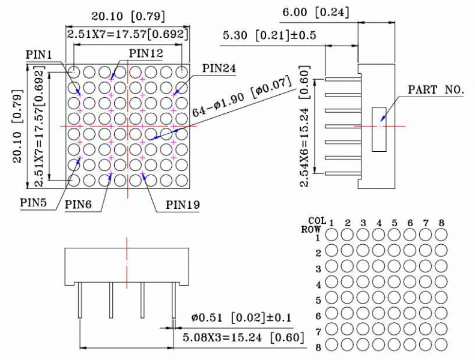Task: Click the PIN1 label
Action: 40,55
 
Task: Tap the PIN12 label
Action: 146,54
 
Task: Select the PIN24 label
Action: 219,68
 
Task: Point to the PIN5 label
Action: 34,202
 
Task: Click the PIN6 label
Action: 79,205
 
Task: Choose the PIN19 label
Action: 183,205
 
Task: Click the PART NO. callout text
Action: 436,90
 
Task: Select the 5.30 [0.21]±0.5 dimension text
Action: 270,36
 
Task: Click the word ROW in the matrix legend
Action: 311,229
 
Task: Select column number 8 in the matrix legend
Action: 441,223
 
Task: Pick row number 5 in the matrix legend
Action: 318,300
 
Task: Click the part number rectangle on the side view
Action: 379,130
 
